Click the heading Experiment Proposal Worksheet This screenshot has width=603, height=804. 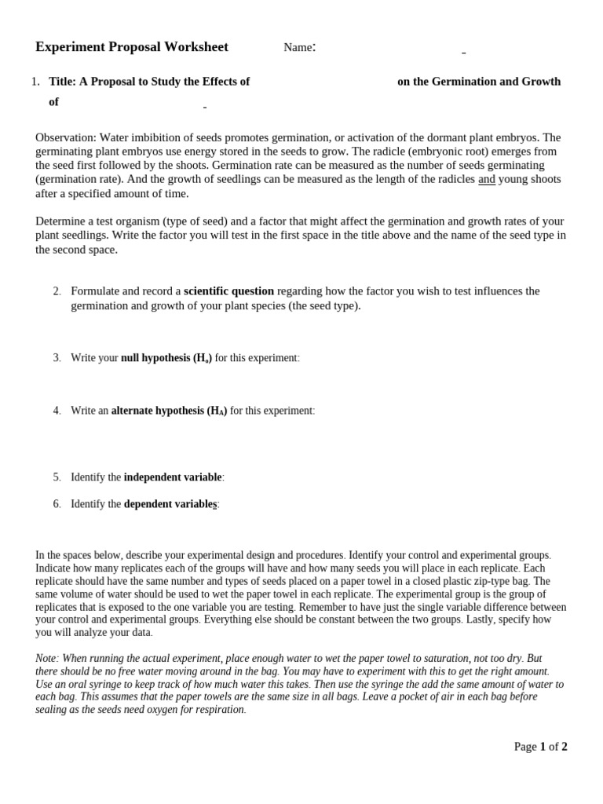pos(132,47)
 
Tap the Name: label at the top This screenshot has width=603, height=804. pos(299,48)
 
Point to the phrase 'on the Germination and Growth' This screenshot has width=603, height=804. pos(479,82)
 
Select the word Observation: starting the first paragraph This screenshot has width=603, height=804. pos(66,137)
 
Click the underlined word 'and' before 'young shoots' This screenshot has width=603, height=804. pos(487,180)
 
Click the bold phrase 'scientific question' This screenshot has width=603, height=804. pos(228,291)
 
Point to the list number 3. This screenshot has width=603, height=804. pos(57,358)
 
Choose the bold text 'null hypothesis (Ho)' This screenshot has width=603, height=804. pos(166,358)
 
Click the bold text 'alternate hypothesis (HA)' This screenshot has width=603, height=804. pos(169,411)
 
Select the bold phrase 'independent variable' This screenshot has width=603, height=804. pos(173,477)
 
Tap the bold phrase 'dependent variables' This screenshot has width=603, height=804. pos(170,504)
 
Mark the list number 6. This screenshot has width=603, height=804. pos(57,504)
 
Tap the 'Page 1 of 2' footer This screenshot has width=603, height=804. pos(540,747)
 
